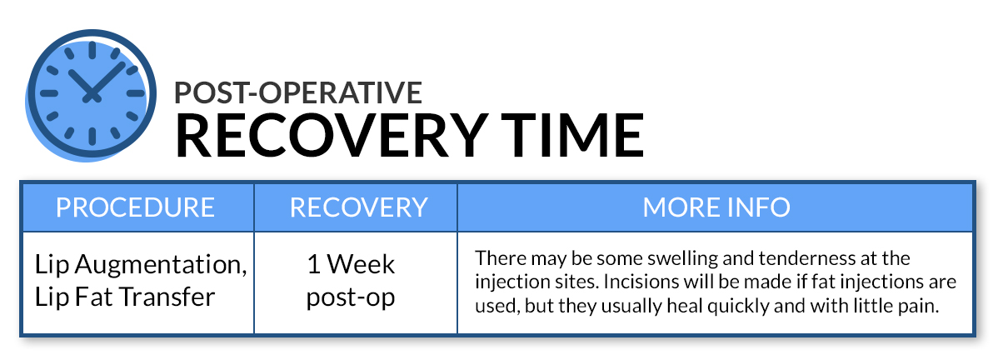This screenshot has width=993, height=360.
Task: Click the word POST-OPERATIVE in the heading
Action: click(x=298, y=92)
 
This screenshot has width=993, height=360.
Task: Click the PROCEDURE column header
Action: click(x=136, y=207)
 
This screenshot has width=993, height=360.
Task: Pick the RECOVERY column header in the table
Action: click(x=359, y=207)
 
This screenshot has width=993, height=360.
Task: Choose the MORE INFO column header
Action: click(x=716, y=207)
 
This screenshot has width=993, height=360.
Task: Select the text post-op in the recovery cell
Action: click(x=351, y=297)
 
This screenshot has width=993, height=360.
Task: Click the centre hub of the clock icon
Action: click(x=92, y=94)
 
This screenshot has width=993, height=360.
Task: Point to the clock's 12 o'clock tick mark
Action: click(x=92, y=50)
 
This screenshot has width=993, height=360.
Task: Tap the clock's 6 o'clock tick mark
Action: click(x=92, y=137)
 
